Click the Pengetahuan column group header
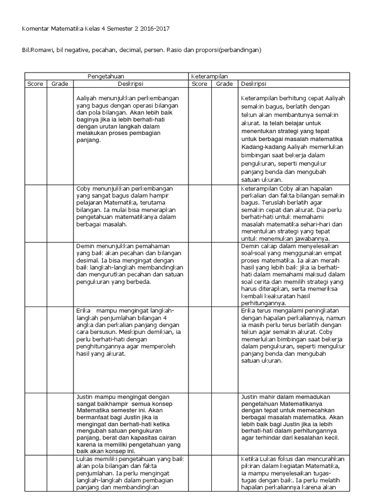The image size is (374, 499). pos(106,77)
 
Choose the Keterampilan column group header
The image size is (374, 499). pos(210,77)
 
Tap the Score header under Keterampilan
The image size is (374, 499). pos(200,84)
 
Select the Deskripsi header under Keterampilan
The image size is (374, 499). pos(253,84)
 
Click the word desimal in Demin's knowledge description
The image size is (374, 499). pos(87,261)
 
